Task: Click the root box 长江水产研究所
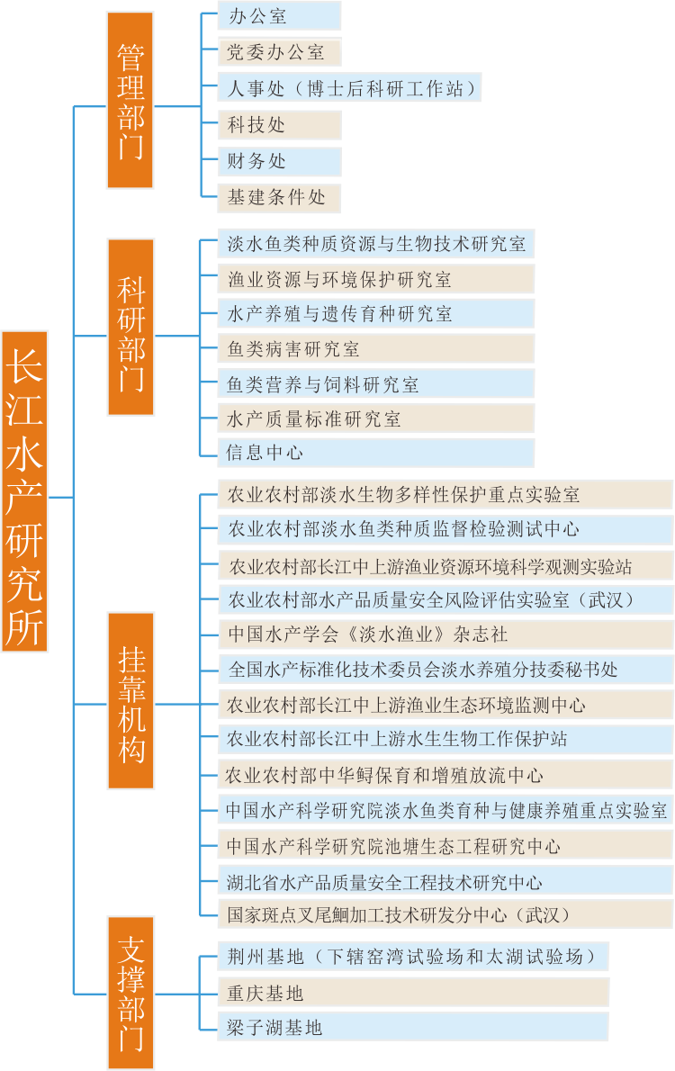pyautogui.click(x=24, y=491)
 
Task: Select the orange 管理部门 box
pyautogui.click(x=130, y=100)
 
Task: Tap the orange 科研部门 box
pyautogui.click(x=130, y=328)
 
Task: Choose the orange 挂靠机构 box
pyautogui.click(x=130, y=701)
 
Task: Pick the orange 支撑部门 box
pyautogui.click(x=130, y=993)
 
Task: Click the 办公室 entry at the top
pyautogui.click(x=279, y=16)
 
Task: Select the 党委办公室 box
pyautogui.click(x=279, y=52)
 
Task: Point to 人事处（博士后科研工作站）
pyautogui.click(x=350, y=88)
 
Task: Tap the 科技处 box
pyautogui.click(x=279, y=125)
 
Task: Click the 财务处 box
pyautogui.click(x=279, y=161)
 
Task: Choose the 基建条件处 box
pyautogui.click(x=279, y=197)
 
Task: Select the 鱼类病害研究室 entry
pyautogui.click(x=376, y=349)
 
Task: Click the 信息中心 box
pyautogui.click(x=376, y=452)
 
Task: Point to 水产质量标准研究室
pyautogui.click(x=376, y=418)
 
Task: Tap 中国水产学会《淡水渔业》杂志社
pyautogui.click(x=445, y=634)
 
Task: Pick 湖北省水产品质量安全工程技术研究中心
pyautogui.click(x=445, y=882)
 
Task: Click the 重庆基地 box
pyautogui.click(x=413, y=993)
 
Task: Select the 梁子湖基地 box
pyautogui.click(x=413, y=1027)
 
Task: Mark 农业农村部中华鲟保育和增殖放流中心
pyautogui.click(x=445, y=775)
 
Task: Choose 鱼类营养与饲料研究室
pyautogui.click(x=376, y=384)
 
